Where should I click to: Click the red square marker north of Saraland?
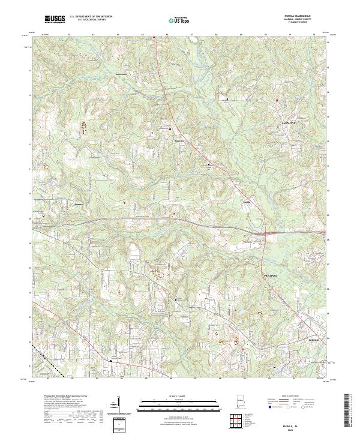point(277,99)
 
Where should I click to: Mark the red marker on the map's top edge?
point(154,37)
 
